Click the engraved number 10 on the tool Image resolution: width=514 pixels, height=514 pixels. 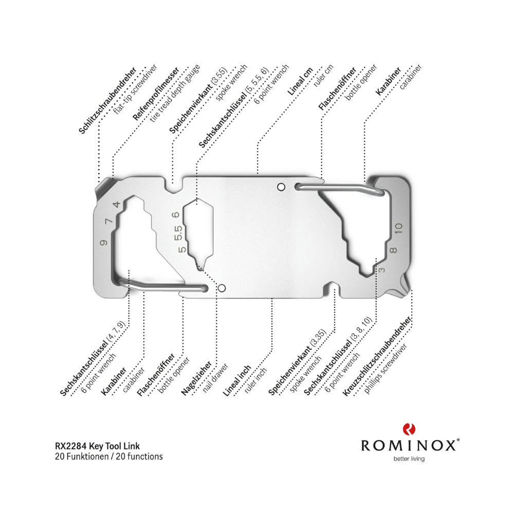coord(398,228)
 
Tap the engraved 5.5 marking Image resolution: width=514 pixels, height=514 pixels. coord(179,233)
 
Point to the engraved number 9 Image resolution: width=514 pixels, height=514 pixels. coord(104,243)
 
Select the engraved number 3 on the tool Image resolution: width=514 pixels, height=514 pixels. coord(381,270)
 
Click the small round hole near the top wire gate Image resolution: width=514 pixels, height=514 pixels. coord(281,187)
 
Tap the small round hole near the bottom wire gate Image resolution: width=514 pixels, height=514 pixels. coord(222,288)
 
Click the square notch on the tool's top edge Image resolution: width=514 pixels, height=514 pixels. coord(174,186)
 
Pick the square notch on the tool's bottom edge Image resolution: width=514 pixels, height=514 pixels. coord(332,288)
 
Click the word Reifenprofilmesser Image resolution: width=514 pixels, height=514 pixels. coord(156,94)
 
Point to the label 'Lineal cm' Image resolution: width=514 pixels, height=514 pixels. coord(300,82)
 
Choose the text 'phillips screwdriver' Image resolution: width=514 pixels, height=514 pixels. coord(385,369)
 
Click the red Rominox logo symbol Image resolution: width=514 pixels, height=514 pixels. coord(409,429)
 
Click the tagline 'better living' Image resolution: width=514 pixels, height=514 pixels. coord(409,458)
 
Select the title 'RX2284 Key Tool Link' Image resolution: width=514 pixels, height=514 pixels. coord(97,446)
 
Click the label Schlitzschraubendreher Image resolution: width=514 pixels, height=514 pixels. coord(107,101)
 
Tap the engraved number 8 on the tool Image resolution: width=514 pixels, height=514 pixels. coord(393,250)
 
